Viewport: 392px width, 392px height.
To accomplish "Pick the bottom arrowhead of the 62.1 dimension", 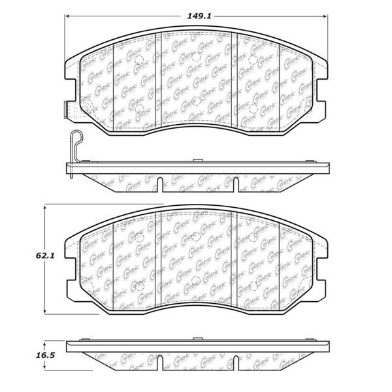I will point(44,310).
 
